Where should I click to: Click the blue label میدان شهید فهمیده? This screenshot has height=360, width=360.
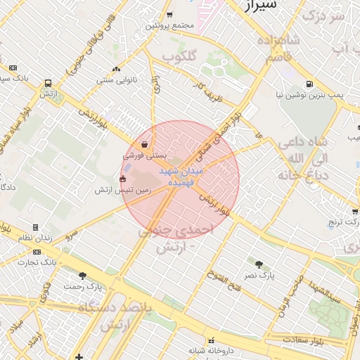(181, 176)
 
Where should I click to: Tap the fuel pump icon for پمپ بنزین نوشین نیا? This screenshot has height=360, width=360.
(310, 81)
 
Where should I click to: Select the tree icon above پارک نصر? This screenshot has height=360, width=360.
(259, 264)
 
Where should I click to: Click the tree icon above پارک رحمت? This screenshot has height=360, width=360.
(82, 276)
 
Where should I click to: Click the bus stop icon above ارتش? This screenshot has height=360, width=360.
(48, 82)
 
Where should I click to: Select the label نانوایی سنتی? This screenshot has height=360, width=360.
(115, 80)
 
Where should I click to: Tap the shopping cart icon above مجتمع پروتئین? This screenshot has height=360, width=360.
(169, 15)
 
